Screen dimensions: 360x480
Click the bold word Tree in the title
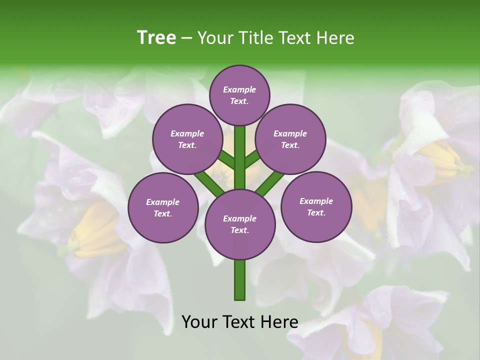click(156, 37)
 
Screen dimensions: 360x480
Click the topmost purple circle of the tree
click(239, 95)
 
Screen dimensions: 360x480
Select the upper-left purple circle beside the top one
click(187, 139)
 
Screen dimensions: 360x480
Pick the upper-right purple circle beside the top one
click(290, 139)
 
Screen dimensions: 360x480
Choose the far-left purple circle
click(163, 207)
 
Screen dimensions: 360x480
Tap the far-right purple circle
click(316, 206)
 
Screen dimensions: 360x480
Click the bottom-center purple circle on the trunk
click(240, 224)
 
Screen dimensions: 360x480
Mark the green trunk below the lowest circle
click(240, 280)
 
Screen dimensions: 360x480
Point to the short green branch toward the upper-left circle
click(226, 160)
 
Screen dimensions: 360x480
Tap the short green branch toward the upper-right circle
click(252, 159)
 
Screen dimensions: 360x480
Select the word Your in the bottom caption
click(199, 322)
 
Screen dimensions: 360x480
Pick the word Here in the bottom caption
click(279, 322)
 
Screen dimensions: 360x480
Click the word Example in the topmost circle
click(239, 89)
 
